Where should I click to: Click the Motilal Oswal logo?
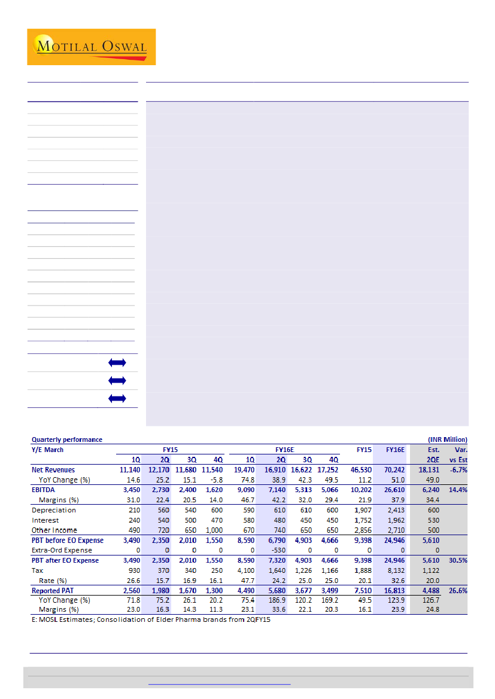(x=91, y=47)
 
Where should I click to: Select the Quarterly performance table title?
(x=66, y=439)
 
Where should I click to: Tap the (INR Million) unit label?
(x=448, y=439)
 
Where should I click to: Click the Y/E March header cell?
(x=47, y=450)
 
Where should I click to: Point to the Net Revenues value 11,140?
(x=130, y=470)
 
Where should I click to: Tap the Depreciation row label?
(x=53, y=510)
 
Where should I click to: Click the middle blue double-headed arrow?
(x=117, y=380)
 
